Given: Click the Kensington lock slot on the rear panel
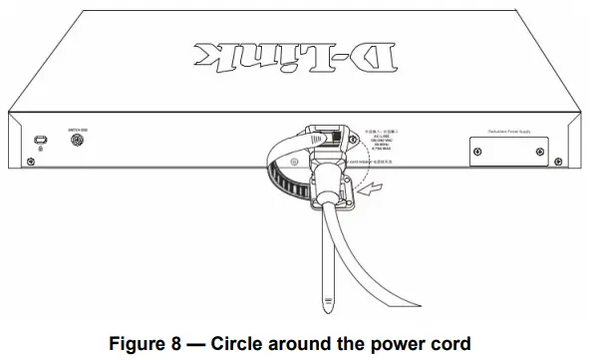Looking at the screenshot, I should coord(41,141).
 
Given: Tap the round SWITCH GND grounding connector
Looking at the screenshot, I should coord(78,142).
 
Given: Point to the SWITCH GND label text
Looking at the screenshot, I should coord(78,128).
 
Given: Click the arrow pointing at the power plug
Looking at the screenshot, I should coord(371,184).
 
